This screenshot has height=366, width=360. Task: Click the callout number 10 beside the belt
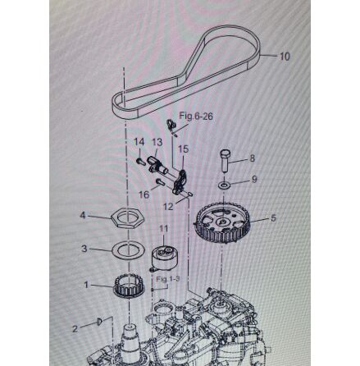pos(285,57)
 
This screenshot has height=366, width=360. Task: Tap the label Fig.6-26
pos(196,117)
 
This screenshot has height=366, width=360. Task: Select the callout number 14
pos(139,142)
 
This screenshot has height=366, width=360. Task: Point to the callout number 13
pos(157,142)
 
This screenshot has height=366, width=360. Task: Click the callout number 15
pos(184,149)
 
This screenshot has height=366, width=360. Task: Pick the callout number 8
pos(252,158)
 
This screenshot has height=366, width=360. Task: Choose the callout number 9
pos(254,179)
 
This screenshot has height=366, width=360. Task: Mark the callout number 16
pos(144,194)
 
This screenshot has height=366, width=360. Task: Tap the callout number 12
pos(168,207)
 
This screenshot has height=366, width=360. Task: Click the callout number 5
pos(273,218)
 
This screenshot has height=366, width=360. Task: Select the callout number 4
pos(83,216)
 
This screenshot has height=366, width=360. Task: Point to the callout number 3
pos(84,249)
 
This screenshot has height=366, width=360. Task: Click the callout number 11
pos(163,228)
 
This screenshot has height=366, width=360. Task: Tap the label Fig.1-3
pos(167,279)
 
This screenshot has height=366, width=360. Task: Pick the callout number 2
pos(75,328)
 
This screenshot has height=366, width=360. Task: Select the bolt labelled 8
pos(226,161)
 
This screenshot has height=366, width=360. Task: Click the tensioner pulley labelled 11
pos(165,258)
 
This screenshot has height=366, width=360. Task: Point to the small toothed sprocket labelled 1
pos(128,286)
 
